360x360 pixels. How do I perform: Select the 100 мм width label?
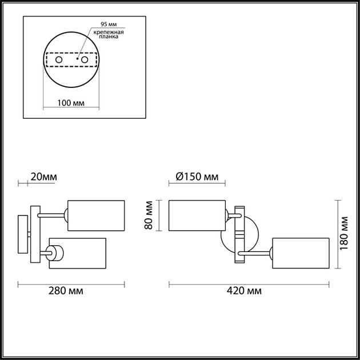coord(71,103)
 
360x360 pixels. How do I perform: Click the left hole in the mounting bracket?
coord(58,59)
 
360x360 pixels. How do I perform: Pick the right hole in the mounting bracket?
coord(85,59)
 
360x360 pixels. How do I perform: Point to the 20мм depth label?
coord(43,177)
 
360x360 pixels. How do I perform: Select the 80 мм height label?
coord(149,215)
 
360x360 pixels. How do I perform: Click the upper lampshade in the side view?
coord(96,215)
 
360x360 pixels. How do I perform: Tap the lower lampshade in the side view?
coord(78,253)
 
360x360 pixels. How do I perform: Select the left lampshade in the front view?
coord(197,215)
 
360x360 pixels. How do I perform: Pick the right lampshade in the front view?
coord(301,253)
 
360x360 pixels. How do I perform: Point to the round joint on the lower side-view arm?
coord(55,253)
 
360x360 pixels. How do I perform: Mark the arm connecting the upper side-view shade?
coord(52,215)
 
